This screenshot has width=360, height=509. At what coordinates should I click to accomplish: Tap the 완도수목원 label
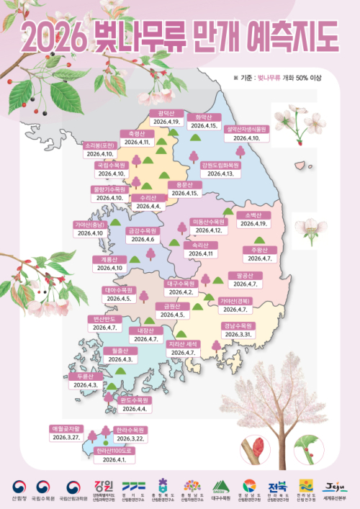(x=134, y=400)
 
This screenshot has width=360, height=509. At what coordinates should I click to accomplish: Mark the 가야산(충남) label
(x=91, y=224)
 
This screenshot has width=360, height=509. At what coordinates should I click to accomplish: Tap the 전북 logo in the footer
(x=278, y=488)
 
